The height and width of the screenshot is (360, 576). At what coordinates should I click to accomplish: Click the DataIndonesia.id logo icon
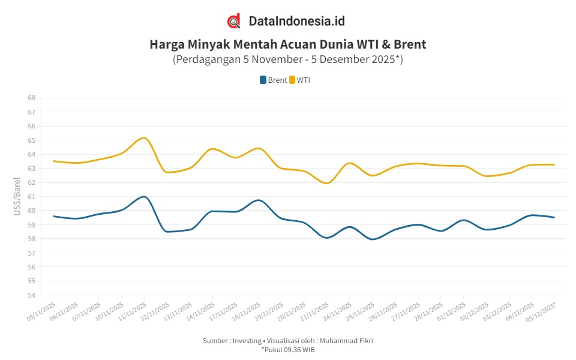234,21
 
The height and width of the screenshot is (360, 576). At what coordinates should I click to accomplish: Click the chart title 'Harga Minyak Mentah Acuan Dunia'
287,44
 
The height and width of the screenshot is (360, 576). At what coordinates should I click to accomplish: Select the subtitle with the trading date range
287,59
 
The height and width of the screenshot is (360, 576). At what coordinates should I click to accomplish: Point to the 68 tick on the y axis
31,98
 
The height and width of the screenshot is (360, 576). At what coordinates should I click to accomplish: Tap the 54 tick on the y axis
31,295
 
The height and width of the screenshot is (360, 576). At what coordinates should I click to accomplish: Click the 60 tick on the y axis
31,211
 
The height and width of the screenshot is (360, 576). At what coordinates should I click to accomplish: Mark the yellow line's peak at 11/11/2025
144,138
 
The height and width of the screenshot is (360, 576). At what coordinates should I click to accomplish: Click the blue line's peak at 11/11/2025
144,197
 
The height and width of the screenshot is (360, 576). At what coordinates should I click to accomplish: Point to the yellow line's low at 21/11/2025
326,183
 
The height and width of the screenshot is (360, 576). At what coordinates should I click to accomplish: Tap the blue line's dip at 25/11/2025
373,239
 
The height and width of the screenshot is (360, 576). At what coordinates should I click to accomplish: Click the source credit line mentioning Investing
287,341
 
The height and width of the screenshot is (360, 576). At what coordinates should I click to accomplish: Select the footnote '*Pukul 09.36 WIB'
287,349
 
